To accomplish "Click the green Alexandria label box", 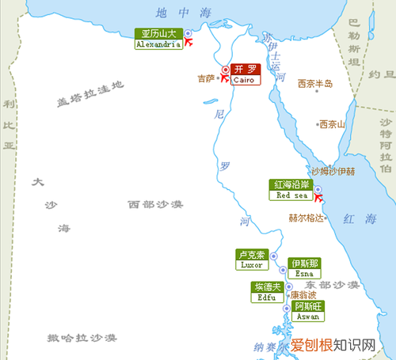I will (158, 40).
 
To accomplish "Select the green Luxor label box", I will (253, 260).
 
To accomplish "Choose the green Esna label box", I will (305, 267).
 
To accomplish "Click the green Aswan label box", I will (308, 311).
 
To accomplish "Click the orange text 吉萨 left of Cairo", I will (205, 78).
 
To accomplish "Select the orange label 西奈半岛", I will (314, 83).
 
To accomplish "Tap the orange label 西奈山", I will (330, 123).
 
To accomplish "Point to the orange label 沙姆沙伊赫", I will (332, 170).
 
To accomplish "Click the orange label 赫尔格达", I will (306, 218).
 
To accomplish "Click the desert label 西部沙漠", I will (155, 204).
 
